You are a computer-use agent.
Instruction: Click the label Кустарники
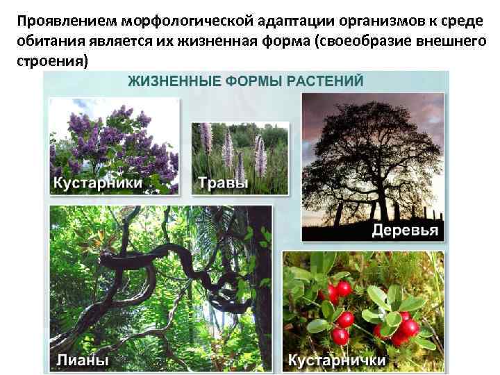pyautogui.click(x=97, y=183)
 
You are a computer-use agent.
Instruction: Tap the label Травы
pyautogui.click(x=223, y=183)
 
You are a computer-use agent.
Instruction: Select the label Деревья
pyautogui.click(x=405, y=231)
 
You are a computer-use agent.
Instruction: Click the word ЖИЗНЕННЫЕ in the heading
pyautogui.click(x=172, y=81)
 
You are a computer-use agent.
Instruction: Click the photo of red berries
pyautogui.click(x=361, y=306)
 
